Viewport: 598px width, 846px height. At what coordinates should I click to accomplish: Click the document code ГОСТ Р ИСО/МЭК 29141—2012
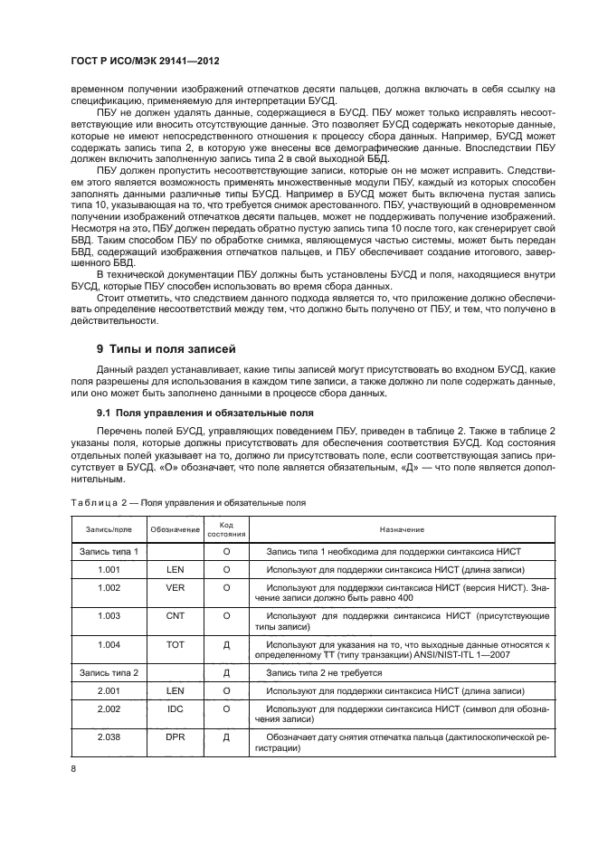point(146,62)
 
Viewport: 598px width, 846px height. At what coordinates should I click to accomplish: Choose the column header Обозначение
point(175,529)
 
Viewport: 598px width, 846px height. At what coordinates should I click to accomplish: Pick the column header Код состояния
point(226,529)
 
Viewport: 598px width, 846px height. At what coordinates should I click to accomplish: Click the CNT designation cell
point(175,615)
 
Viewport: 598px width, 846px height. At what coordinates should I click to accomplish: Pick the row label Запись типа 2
point(108,674)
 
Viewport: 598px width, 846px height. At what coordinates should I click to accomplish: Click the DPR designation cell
point(175,742)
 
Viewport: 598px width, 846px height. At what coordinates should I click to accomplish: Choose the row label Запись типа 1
point(108,551)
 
